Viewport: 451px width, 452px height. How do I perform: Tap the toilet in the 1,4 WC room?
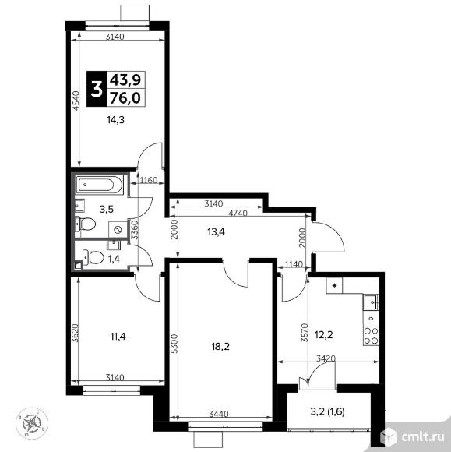pyautogui.click(x=94, y=257)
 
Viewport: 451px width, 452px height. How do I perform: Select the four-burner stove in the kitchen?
pyautogui.click(x=371, y=336)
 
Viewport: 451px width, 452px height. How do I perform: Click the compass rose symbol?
pyautogui.click(x=32, y=423)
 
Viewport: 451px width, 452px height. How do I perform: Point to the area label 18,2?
pyautogui.click(x=220, y=347)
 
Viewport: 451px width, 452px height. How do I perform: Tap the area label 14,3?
pyautogui.click(x=115, y=120)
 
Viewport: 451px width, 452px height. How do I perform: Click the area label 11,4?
pyautogui.click(x=118, y=337)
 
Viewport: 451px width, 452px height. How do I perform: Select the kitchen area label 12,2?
pyautogui.click(x=324, y=335)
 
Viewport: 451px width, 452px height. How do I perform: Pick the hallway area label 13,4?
pyautogui.click(x=216, y=231)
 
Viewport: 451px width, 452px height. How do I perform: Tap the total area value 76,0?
pyautogui.click(x=125, y=98)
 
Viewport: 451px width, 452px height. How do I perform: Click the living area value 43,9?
pyautogui.click(x=125, y=79)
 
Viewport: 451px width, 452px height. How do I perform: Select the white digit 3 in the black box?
pyautogui.click(x=97, y=89)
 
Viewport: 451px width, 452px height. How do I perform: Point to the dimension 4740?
pyautogui.click(x=238, y=213)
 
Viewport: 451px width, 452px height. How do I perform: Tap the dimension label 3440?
pyautogui.click(x=219, y=415)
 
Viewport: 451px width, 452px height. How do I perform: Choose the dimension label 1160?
pyautogui.click(x=149, y=181)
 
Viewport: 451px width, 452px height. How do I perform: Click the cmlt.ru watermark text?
pyautogui.click(x=423, y=437)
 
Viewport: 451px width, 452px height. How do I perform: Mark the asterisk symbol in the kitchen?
pyautogui.click(x=334, y=286)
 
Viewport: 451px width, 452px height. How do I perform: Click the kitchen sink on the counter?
pyautogui.click(x=371, y=302)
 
